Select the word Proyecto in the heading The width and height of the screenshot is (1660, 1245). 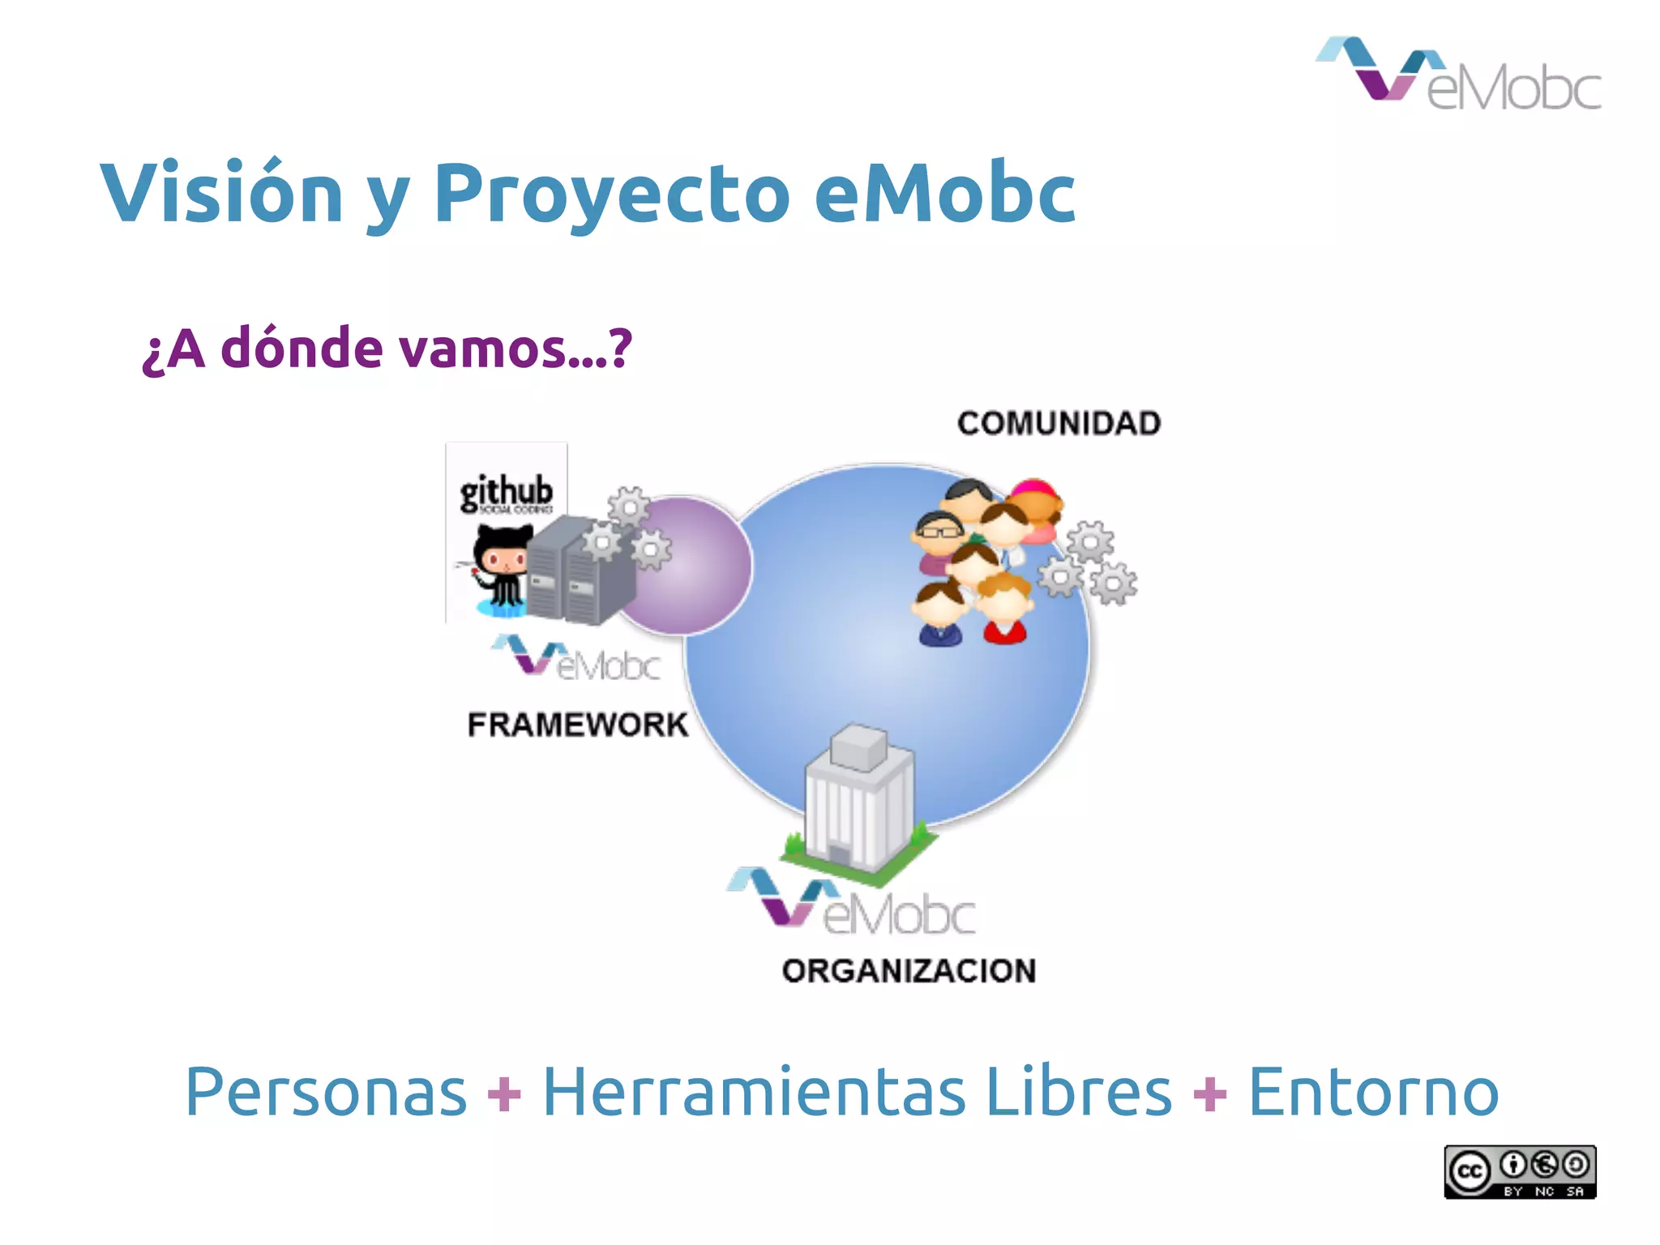click(612, 195)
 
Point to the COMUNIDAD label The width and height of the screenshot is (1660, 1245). click(1059, 423)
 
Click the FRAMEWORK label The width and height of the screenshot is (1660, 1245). click(577, 724)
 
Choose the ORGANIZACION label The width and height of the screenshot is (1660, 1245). click(909, 970)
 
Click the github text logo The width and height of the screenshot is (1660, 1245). click(507, 492)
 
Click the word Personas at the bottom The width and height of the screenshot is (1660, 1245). click(326, 1093)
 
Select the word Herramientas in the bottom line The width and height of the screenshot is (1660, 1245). click(753, 1093)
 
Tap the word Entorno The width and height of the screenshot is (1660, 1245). click(1373, 1093)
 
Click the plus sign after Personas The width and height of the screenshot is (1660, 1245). click(504, 1094)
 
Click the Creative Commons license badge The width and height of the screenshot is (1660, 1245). click(1520, 1171)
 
